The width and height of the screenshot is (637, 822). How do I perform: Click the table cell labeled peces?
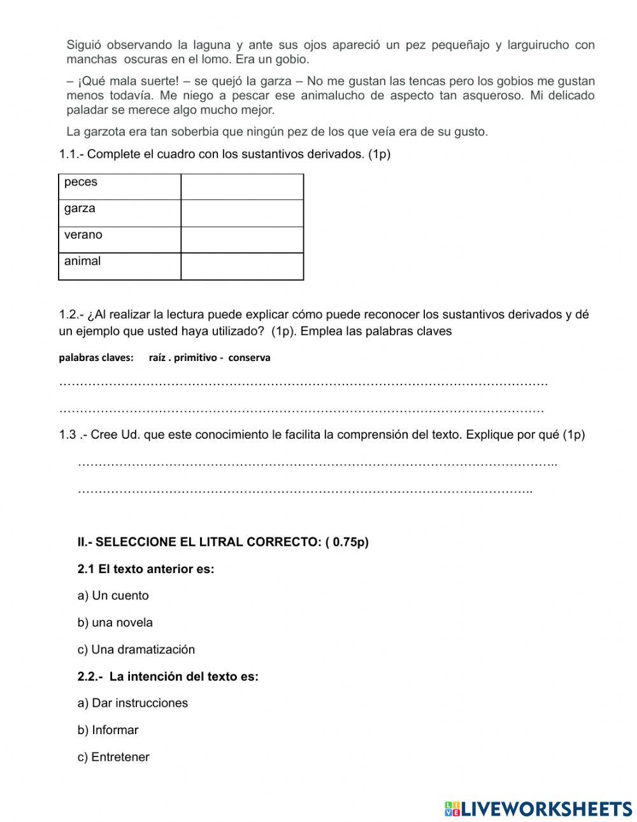pyautogui.click(x=119, y=186)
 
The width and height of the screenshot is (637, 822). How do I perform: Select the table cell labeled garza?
pyautogui.click(x=119, y=213)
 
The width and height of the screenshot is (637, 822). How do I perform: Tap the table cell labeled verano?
pyautogui.click(x=119, y=239)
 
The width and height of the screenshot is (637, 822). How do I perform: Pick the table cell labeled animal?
pyautogui.click(x=119, y=266)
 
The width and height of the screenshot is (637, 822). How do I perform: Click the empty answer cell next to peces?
pyautogui.click(x=242, y=186)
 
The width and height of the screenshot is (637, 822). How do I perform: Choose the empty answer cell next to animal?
pyautogui.click(x=242, y=266)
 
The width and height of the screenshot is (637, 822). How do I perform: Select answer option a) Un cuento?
pyautogui.click(x=113, y=596)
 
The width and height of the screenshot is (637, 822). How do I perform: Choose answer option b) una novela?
pyautogui.click(x=115, y=623)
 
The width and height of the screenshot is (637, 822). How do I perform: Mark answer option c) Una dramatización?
pyautogui.click(x=136, y=650)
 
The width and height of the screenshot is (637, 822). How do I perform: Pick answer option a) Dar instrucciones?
pyautogui.click(x=132, y=704)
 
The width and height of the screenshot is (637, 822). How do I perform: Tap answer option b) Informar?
pyautogui.click(x=108, y=730)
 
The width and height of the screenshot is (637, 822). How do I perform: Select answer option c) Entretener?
pyautogui.click(x=113, y=758)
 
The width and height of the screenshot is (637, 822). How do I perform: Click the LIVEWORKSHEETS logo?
pyautogui.click(x=538, y=809)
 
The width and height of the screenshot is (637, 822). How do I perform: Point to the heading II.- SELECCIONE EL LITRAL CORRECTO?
pyautogui.click(x=223, y=542)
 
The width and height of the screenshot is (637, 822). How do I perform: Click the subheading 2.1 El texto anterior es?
pyautogui.click(x=146, y=569)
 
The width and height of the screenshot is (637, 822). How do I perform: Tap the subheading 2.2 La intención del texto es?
pyautogui.click(x=168, y=677)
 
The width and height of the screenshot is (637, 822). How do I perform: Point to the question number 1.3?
pyautogui.click(x=68, y=435)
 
